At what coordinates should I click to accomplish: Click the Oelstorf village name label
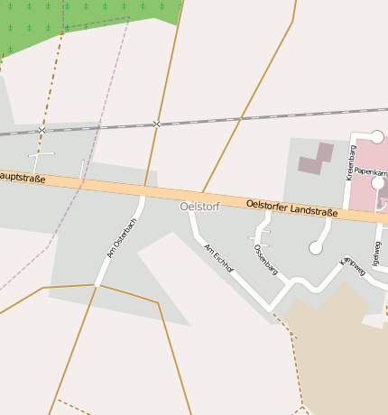pyautogui.click(x=200, y=207)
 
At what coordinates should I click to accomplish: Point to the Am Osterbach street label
pyautogui.click(x=120, y=239)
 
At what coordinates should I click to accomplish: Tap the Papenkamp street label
pyautogui.click(x=370, y=171)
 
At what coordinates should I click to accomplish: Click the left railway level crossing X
pyautogui.click(x=42, y=131)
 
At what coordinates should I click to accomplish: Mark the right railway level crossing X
pyautogui.click(x=156, y=124)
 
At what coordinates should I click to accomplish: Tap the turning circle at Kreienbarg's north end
pyautogui.click(x=377, y=137)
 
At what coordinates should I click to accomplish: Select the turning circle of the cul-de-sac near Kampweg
pyautogui.click(x=316, y=247)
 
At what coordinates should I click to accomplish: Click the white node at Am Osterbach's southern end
pyautogui.click(x=97, y=285)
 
